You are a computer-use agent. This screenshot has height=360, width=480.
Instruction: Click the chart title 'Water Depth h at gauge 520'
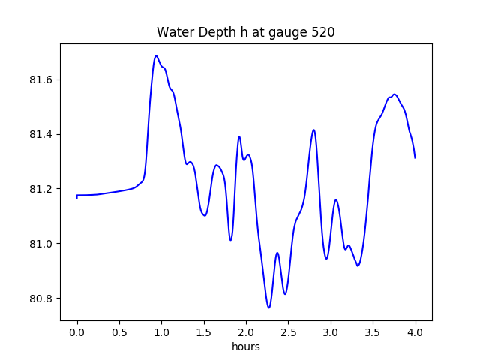pos(245,32)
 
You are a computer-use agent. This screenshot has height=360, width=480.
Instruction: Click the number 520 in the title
pos(322,32)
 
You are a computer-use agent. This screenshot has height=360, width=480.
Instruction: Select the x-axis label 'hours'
pos(246,346)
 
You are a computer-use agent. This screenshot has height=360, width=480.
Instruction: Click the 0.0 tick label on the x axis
pos(77,331)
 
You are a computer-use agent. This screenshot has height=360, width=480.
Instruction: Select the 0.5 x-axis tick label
pos(119,331)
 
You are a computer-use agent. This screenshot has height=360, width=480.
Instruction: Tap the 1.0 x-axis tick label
pos(161,331)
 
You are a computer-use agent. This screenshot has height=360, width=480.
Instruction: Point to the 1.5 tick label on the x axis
pos(204,331)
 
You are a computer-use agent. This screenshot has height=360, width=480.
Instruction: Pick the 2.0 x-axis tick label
pos(246,331)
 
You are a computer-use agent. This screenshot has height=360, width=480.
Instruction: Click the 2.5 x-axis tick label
pos(289,331)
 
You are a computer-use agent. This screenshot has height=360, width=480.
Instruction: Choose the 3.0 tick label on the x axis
pos(331,331)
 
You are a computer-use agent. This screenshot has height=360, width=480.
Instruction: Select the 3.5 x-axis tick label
pos(373,331)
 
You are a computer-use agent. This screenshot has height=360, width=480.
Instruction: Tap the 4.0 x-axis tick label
pos(415,331)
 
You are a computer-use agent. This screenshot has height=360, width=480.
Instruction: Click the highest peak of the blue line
pos(156,55)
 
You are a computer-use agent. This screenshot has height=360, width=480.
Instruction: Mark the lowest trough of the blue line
pos(268,307)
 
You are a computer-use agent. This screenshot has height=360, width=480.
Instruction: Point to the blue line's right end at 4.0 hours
pos(415,157)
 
